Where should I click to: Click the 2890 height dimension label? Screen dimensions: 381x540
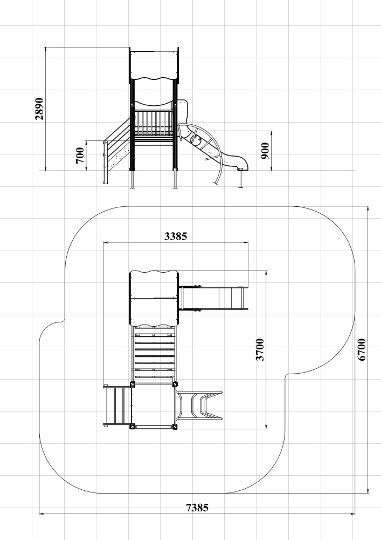39,109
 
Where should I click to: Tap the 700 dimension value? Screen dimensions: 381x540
79,156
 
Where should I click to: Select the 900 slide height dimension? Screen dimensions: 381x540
265,151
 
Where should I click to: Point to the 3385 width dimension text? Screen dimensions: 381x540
176,237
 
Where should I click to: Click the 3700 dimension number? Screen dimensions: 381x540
260,349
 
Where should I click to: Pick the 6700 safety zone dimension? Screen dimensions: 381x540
362,349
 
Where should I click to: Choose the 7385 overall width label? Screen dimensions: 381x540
197,508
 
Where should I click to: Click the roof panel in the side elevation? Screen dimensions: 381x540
154,65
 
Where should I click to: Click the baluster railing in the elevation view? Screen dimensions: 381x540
153,123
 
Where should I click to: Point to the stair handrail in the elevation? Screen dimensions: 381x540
117,130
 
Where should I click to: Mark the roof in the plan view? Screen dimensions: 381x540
154,298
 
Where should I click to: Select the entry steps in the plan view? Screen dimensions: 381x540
117,405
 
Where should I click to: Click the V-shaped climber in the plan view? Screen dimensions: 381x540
199,405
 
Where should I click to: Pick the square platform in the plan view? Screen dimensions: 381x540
154,405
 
